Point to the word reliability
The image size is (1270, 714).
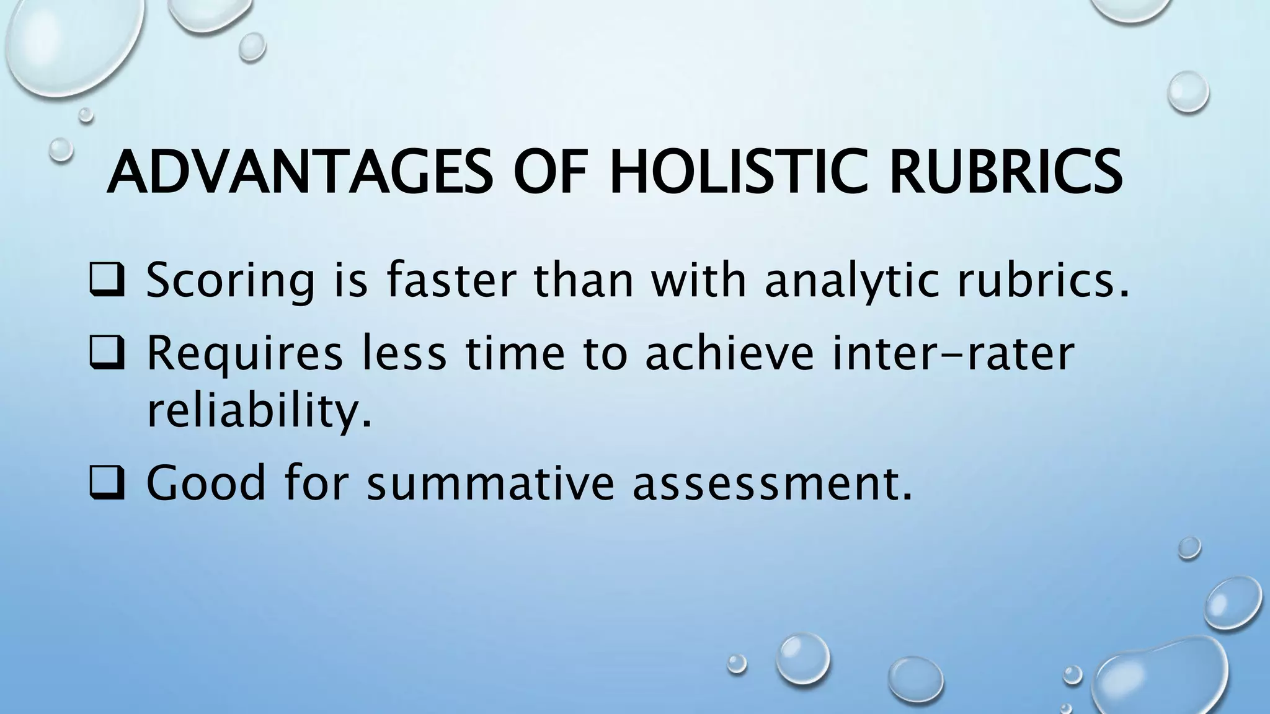[x=259, y=412]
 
